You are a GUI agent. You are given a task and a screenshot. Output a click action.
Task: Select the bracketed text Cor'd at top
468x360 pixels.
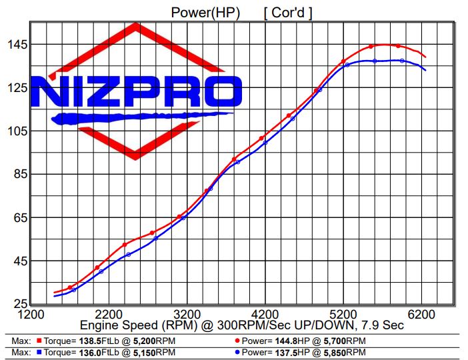click(x=288, y=12)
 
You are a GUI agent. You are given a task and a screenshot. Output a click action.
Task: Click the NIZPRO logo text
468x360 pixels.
click(x=136, y=92)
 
